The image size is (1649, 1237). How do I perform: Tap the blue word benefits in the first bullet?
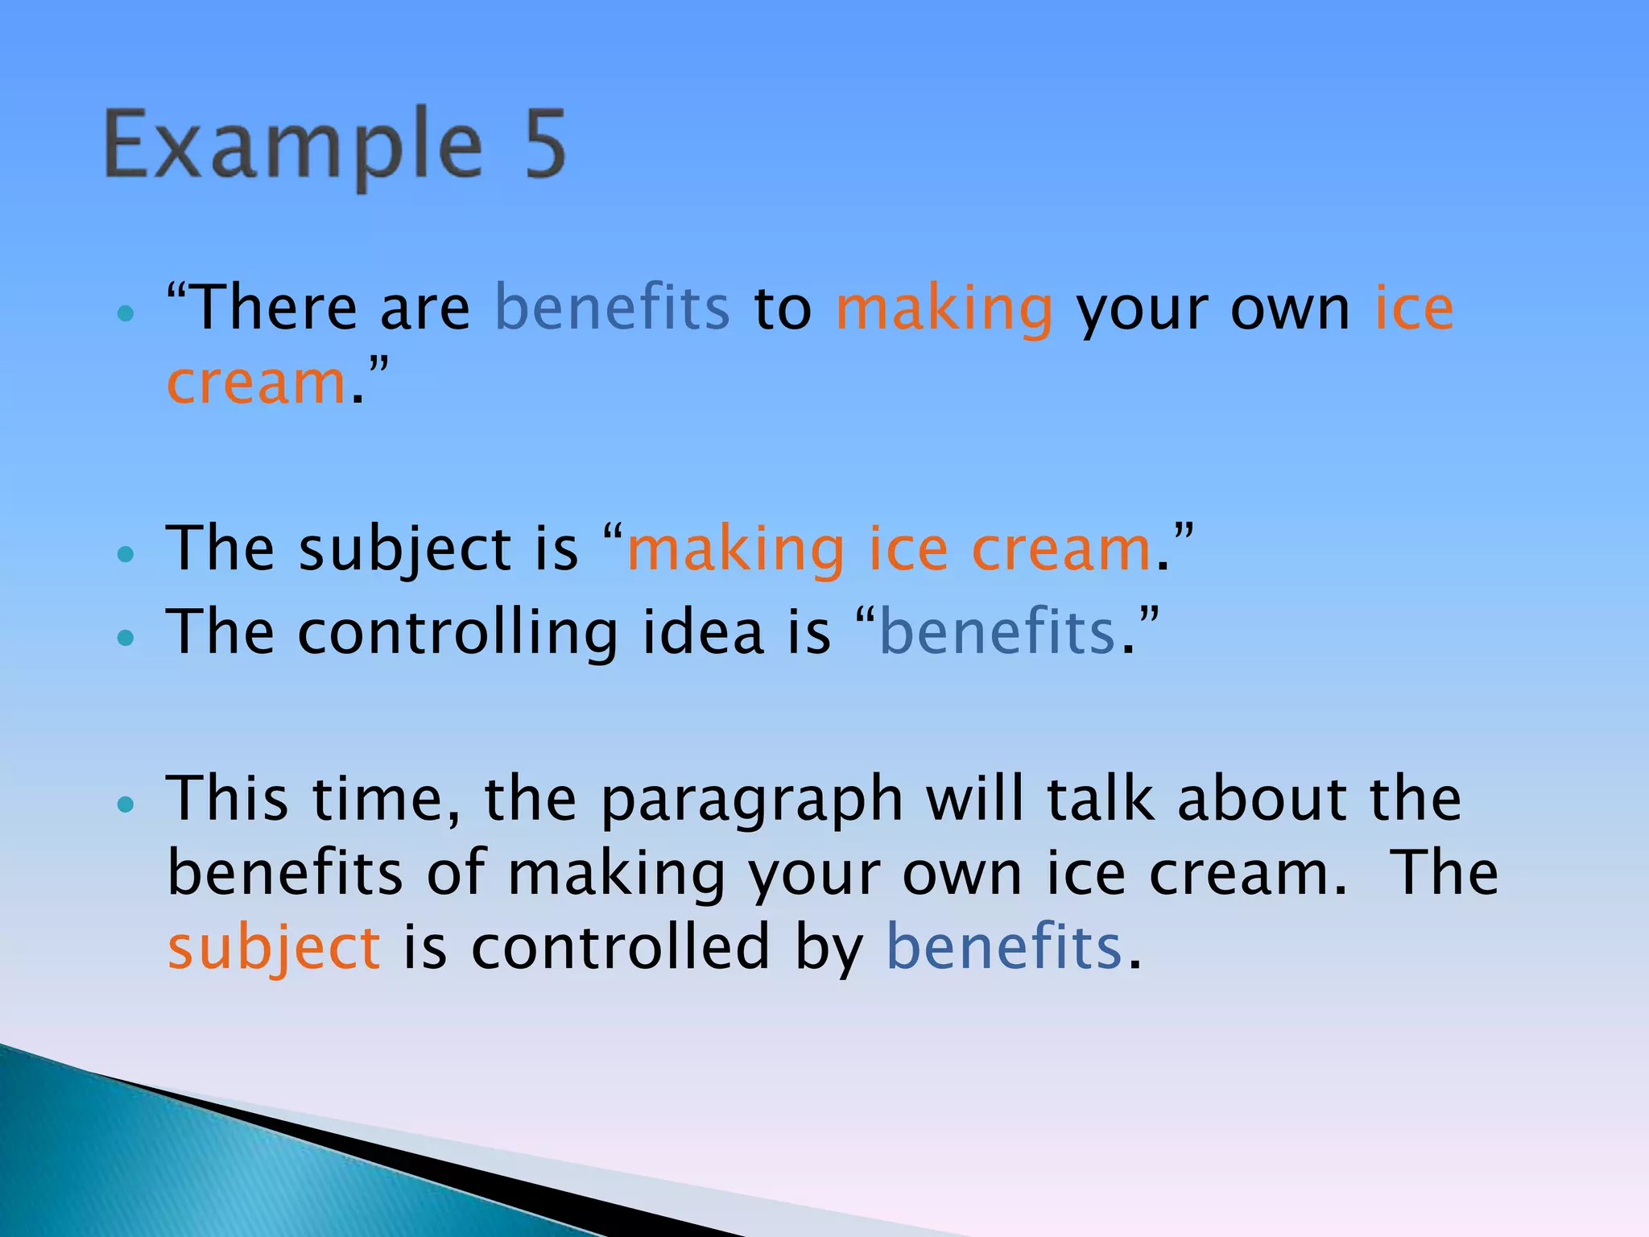[x=612, y=308]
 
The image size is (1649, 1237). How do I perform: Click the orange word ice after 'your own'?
[x=1414, y=308]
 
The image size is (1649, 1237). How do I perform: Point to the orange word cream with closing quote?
[x=257, y=383]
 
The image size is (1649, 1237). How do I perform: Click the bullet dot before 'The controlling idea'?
[x=125, y=638]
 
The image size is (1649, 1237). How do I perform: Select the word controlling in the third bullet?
[x=457, y=633]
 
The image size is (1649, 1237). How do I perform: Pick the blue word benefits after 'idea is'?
[x=998, y=633]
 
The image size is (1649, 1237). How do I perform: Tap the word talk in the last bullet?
[x=1100, y=799]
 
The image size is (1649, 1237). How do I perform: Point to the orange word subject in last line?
[x=274, y=949]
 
